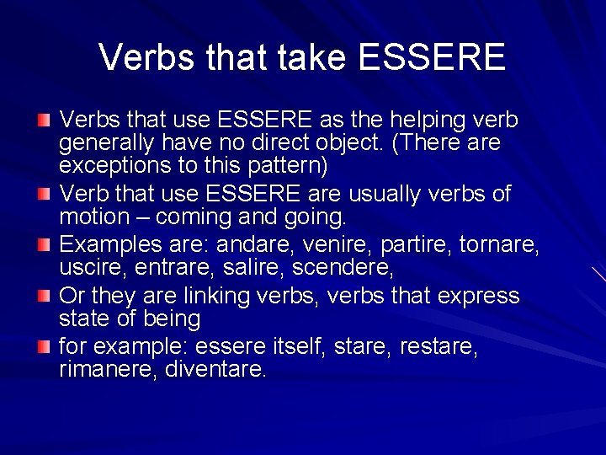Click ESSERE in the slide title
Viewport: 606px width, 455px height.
click(x=432, y=57)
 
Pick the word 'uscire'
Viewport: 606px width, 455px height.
click(x=88, y=268)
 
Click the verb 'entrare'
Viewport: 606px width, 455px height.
click(x=162, y=268)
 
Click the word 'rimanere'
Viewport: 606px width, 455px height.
click(x=107, y=369)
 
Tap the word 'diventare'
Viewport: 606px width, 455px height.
click(x=215, y=369)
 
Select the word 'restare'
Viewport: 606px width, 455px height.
click(x=439, y=347)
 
